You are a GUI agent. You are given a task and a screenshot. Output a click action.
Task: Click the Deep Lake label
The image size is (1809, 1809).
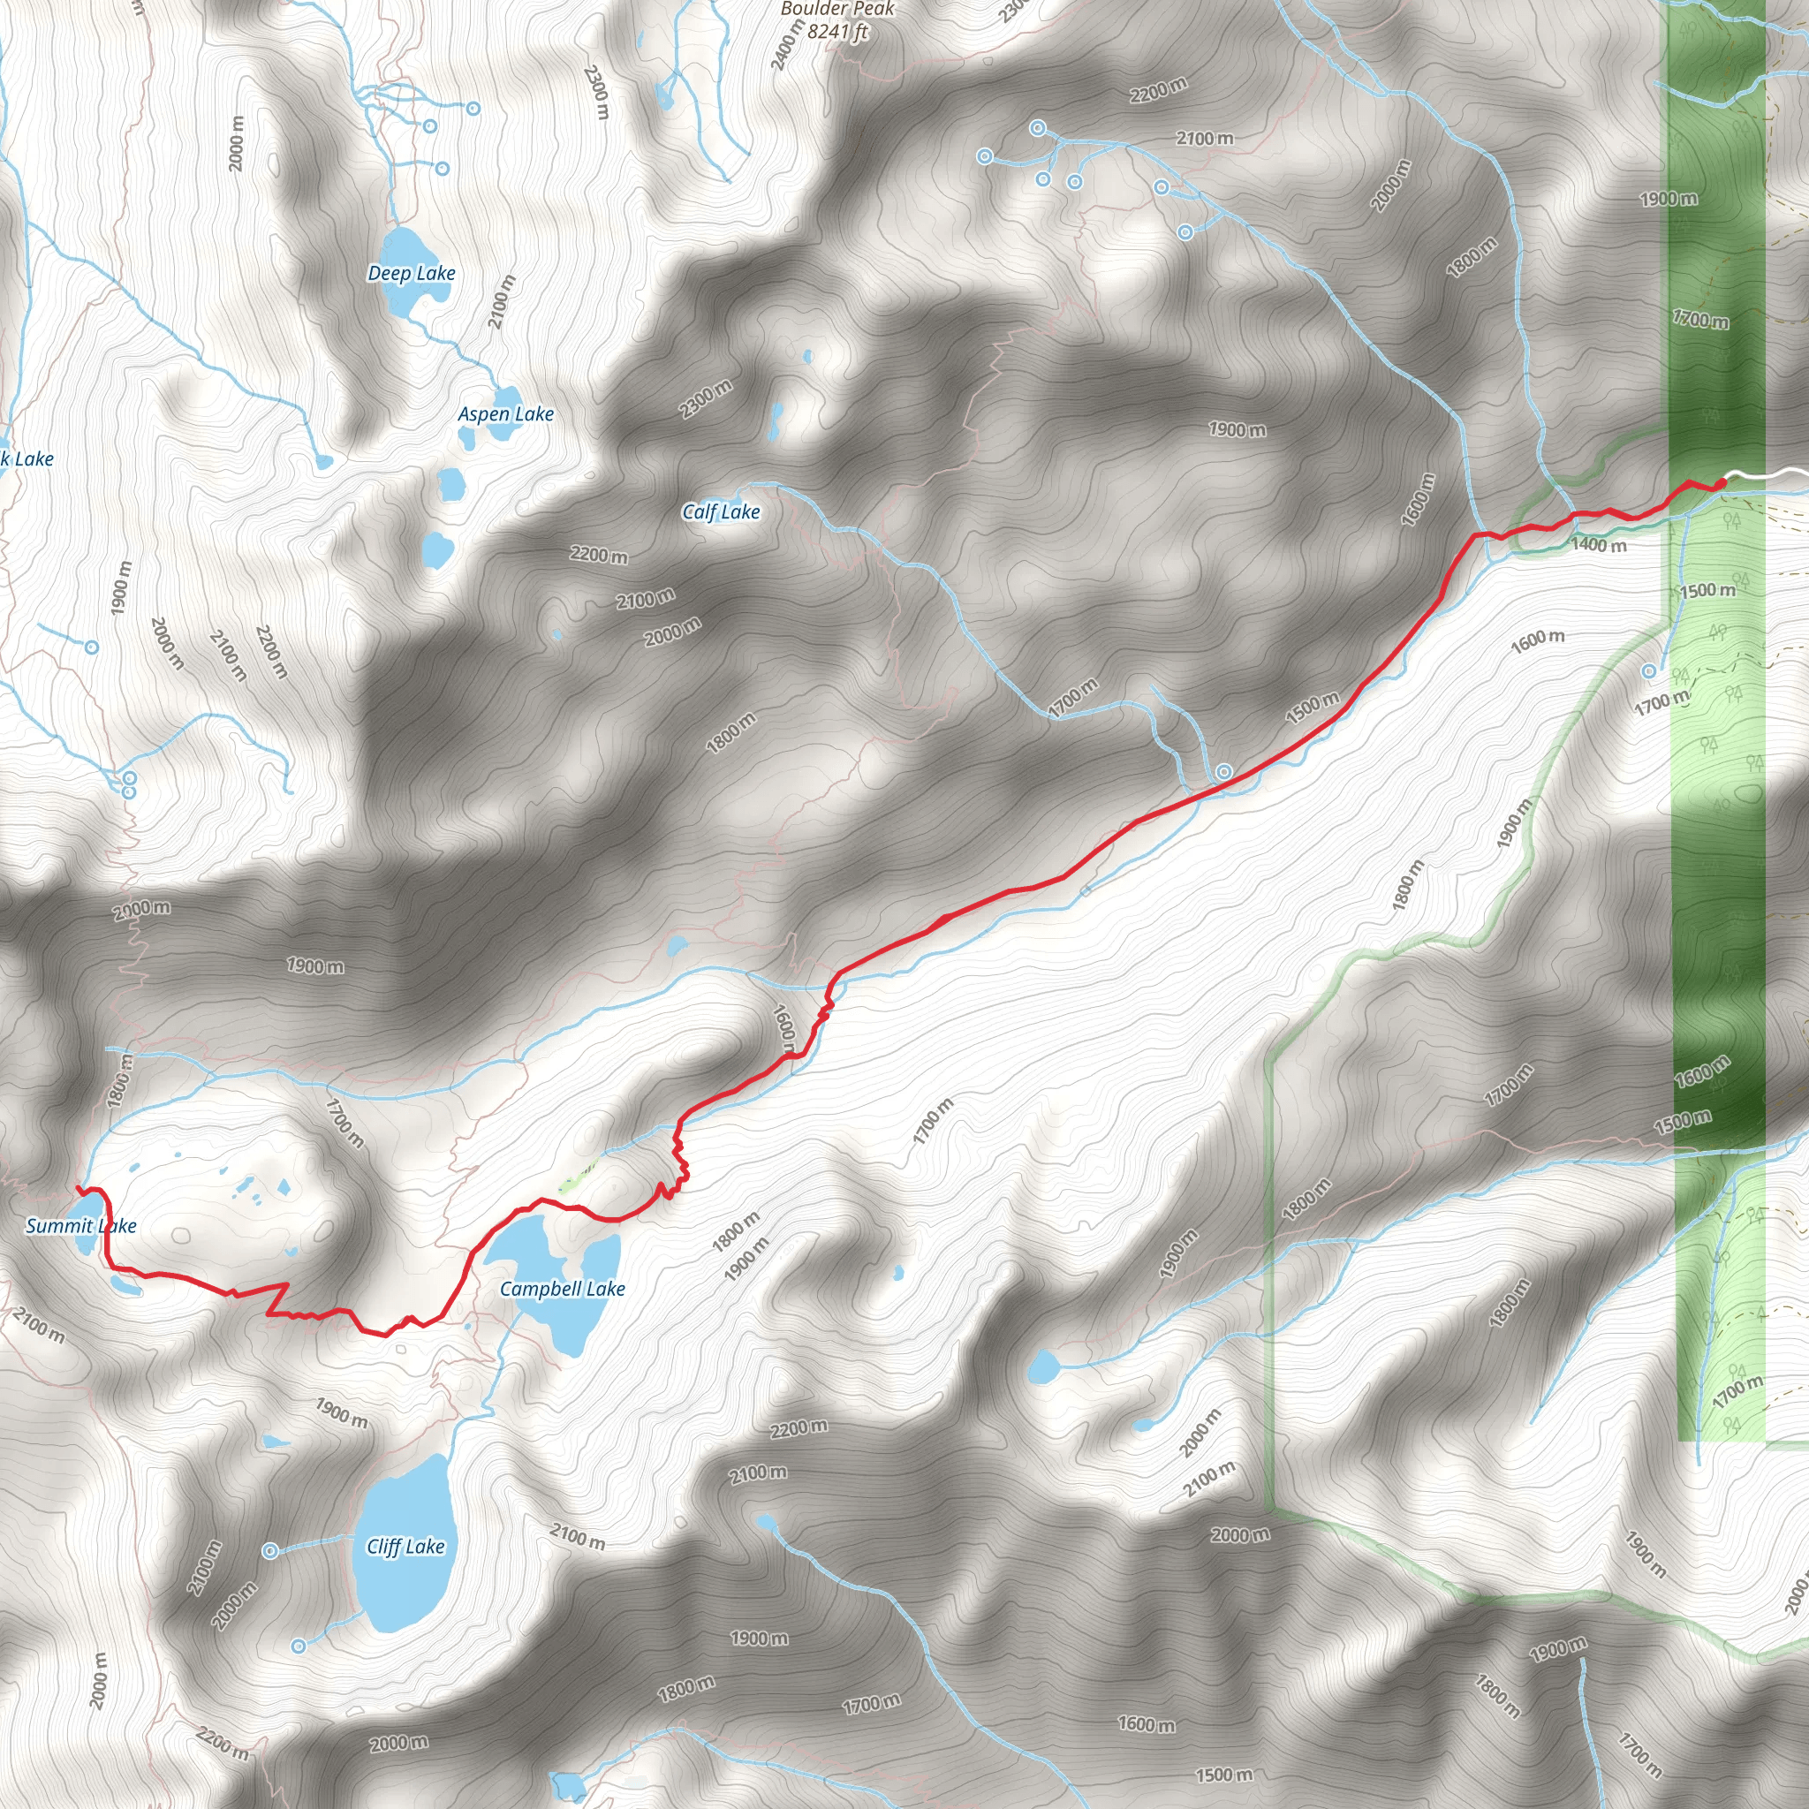pyautogui.click(x=411, y=274)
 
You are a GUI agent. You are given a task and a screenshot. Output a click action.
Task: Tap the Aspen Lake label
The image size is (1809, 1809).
pyautogui.click(x=505, y=414)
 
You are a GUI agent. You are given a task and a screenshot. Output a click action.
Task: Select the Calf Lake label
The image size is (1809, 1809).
pyautogui.click(x=720, y=511)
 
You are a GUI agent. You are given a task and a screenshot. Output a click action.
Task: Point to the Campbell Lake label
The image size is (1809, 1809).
pyautogui.click(x=562, y=1289)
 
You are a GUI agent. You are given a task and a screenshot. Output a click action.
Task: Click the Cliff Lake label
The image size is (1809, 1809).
pyautogui.click(x=405, y=1546)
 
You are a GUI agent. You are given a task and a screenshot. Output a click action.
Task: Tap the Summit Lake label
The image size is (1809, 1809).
pyautogui.click(x=80, y=1226)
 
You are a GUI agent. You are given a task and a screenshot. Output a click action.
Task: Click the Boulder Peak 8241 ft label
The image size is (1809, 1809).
pyautogui.click(x=837, y=20)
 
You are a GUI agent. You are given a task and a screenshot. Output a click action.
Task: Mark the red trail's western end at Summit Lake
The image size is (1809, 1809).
pyautogui.click(x=78, y=1188)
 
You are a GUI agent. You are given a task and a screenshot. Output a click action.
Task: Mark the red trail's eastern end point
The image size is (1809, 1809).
pyautogui.click(x=1721, y=482)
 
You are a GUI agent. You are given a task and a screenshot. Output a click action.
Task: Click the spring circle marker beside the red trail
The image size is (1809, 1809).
pyautogui.click(x=1223, y=771)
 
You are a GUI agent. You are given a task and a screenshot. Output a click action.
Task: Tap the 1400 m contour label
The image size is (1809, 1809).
pyautogui.click(x=1598, y=545)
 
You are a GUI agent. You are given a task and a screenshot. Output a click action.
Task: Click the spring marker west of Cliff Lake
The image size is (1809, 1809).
pyautogui.click(x=269, y=1551)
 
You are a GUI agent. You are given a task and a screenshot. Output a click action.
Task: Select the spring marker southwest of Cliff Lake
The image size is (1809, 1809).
pyautogui.click(x=298, y=1646)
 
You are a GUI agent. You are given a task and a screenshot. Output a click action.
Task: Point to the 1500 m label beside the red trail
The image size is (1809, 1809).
pyautogui.click(x=1312, y=708)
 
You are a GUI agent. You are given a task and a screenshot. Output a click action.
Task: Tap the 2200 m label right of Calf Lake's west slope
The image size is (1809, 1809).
pyautogui.click(x=598, y=556)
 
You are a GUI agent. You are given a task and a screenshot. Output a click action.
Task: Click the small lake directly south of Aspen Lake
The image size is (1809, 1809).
pyautogui.click(x=451, y=483)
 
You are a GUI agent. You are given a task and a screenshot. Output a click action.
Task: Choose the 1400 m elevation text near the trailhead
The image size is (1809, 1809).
pyautogui.click(x=1598, y=545)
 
